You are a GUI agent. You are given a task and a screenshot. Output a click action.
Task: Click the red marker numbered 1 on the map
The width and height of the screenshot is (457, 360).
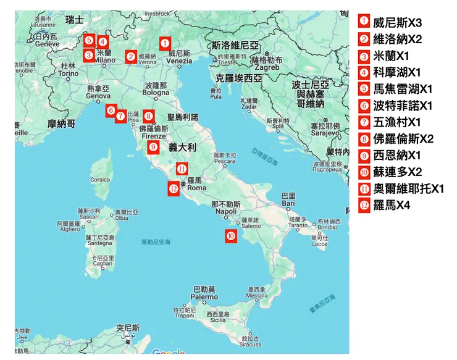tap(164, 44)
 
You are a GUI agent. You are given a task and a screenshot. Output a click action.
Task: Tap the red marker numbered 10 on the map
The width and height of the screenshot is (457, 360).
tap(230, 235)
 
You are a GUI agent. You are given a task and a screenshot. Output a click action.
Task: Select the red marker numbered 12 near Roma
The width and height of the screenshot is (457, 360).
tap(174, 188)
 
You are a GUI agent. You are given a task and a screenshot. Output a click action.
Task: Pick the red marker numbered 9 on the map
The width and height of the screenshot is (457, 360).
tap(154, 147)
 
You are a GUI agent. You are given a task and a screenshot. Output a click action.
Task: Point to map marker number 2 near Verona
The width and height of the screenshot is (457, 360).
tap(130, 57)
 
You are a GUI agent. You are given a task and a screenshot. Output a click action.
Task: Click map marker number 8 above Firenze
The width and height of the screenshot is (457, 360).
tap(149, 115)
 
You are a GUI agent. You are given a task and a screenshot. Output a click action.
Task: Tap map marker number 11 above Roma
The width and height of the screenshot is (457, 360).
tap(182, 169)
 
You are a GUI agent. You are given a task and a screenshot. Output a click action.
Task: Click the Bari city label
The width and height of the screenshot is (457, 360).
tap(287, 202)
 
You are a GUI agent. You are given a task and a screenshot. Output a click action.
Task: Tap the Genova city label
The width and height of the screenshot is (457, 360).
tap(98, 96)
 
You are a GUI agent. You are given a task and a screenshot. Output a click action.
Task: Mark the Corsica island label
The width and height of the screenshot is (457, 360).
tap(100, 180)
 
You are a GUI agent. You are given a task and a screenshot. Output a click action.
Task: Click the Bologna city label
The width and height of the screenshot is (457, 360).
tap(156, 93)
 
